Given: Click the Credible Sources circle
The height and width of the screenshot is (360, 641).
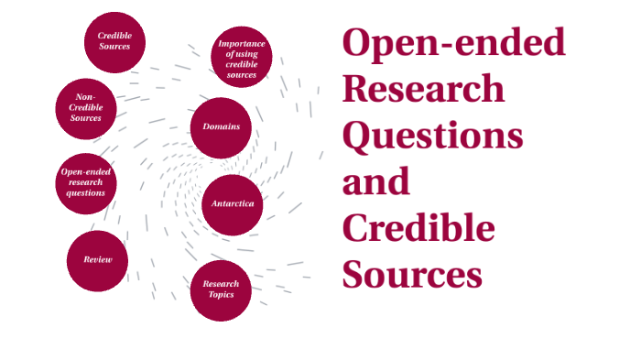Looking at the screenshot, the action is tap(115, 41).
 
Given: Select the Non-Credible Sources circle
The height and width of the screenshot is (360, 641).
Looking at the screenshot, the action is tap(85, 109).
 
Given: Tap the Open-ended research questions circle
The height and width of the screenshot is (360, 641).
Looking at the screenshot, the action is tap(85, 182).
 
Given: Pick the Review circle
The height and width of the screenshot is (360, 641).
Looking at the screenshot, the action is tap(97, 260).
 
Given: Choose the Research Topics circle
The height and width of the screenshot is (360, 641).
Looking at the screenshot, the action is tap(221, 289).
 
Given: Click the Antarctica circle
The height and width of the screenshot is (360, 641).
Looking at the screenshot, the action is tap(233, 203).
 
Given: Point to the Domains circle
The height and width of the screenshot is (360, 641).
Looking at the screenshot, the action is tap(221, 126).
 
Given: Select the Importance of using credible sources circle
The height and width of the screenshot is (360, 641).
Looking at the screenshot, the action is tap(242, 57).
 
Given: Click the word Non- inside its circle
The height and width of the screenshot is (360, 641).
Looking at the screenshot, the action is tap(85, 96).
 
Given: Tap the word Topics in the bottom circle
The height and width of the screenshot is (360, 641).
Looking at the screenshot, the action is tap(221, 295).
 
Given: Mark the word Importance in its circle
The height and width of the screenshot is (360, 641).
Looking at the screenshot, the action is tap(242, 43).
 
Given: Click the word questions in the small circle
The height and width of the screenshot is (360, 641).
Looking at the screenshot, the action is tap(85, 193).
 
